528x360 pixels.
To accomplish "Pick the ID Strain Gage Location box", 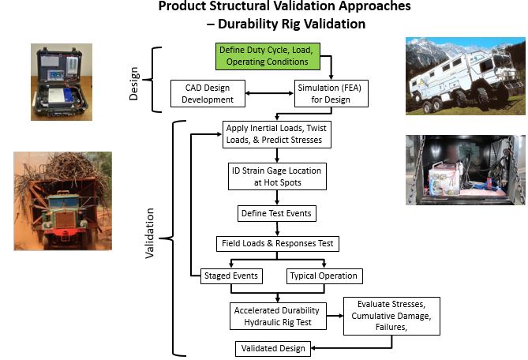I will [275, 176].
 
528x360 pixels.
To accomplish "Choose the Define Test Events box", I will [275, 213].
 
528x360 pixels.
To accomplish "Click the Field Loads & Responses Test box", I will [278, 244].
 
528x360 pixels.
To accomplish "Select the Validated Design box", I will [271, 347].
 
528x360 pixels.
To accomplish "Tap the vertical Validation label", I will [150, 234].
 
